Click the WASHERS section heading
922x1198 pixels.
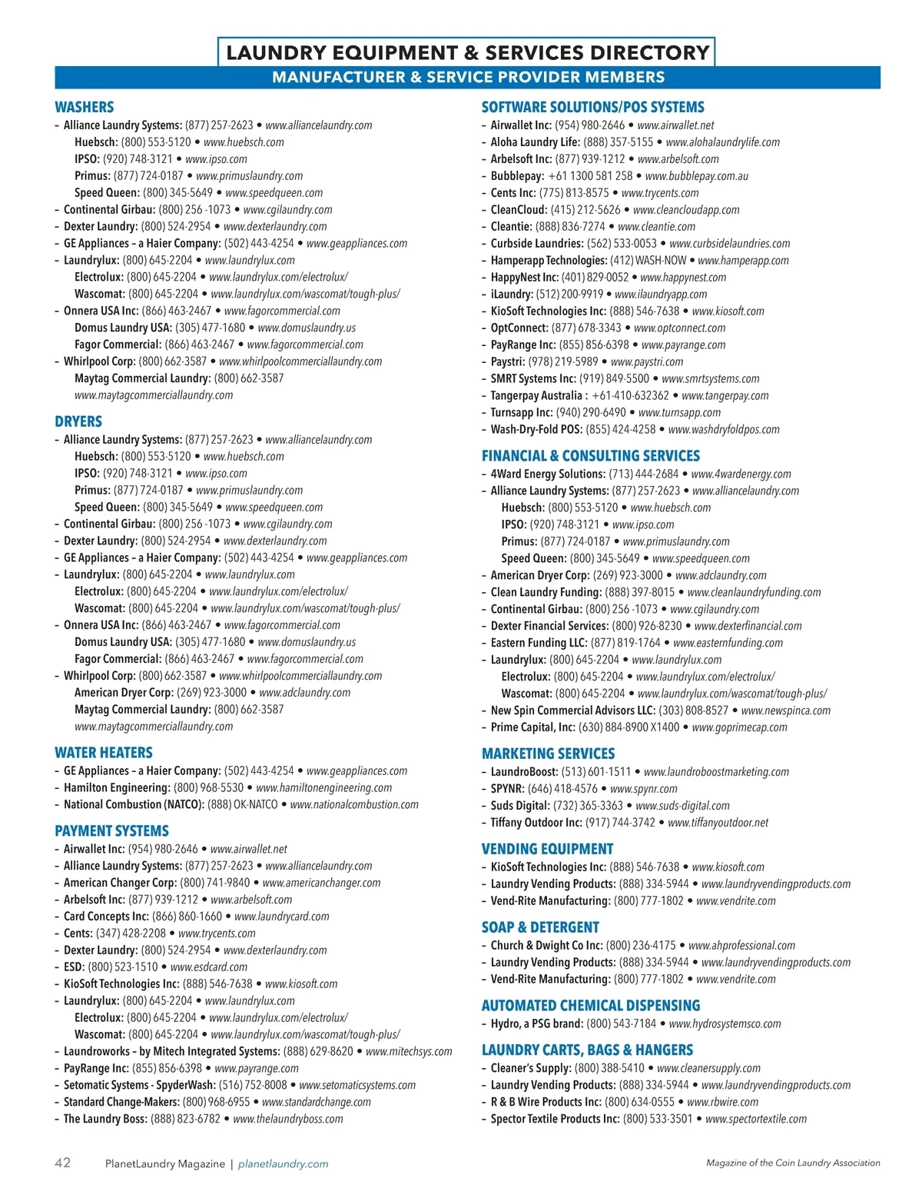tap(84, 108)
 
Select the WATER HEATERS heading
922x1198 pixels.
tap(103, 753)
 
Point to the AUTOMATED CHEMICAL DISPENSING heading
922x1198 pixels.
tap(590, 1006)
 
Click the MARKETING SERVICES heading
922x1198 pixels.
tap(548, 754)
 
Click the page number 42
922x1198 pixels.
tap(62, 1163)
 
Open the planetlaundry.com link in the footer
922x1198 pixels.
tap(283, 1164)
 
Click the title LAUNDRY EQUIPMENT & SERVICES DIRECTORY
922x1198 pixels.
tap(467, 53)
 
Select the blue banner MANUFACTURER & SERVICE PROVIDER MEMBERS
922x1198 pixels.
tap(467, 78)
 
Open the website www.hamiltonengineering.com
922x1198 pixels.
tap(323, 788)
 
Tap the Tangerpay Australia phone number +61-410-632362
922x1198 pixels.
tap(630, 396)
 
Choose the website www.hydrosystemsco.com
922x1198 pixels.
tap(725, 1024)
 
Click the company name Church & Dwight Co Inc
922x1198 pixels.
tap(546, 946)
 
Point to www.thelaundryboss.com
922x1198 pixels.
tap(287, 1119)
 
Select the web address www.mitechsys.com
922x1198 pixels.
tap(409, 1051)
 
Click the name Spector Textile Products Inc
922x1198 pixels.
tap(555, 1119)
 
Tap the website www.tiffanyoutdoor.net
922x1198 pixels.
tap(718, 823)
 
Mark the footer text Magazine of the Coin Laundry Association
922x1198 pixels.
tap(793, 1163)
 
